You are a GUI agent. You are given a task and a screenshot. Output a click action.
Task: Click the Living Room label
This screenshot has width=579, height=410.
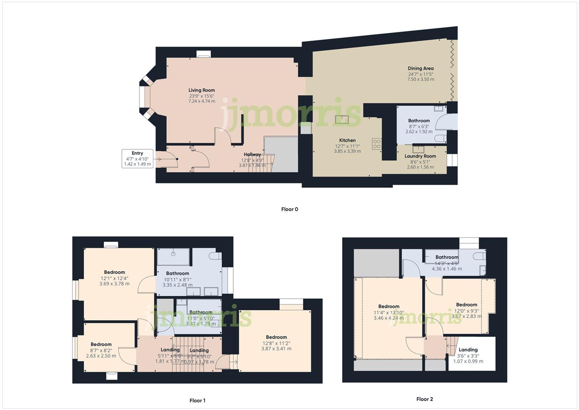pos(201,90)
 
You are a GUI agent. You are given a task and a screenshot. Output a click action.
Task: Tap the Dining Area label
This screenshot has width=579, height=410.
pos(420,68)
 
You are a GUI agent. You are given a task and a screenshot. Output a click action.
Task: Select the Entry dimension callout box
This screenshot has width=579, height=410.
pos(137,158)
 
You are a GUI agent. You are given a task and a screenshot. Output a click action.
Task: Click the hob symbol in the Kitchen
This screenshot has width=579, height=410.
pos(377,144)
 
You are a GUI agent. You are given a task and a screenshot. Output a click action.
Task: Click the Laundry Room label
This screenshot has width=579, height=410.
pos(420,156)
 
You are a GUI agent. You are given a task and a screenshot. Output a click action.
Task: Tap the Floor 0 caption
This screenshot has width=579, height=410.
pos(289,209)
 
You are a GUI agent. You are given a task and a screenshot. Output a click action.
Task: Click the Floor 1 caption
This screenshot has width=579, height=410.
pos(197,400)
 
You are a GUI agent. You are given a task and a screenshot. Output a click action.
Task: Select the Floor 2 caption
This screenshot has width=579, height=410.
pos(424,399)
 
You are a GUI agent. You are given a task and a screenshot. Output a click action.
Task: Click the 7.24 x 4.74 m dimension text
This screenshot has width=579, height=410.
pos(201,101)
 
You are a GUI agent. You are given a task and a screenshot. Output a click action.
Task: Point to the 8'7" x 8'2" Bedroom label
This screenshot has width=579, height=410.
pos(101,344)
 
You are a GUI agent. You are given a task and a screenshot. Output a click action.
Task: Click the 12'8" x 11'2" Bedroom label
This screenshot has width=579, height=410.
pos(276,337)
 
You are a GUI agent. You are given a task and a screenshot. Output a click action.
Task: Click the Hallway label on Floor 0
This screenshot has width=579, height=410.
pos(252,154)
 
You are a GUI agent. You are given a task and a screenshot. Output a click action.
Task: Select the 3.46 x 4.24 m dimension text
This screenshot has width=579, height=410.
pos(389,318)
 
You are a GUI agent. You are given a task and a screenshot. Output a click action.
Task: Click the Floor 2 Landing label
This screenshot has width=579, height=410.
pos(468,350)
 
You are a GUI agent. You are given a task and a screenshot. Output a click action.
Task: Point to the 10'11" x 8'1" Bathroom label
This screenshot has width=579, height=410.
pos(177,273)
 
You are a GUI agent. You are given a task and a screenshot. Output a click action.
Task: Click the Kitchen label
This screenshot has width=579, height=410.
pos(347,140)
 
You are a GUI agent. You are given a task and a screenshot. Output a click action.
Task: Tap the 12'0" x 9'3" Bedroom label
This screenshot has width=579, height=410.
pos(466,305)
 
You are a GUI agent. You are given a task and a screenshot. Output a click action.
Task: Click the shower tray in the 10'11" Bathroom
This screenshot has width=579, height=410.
pos(173,257)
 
